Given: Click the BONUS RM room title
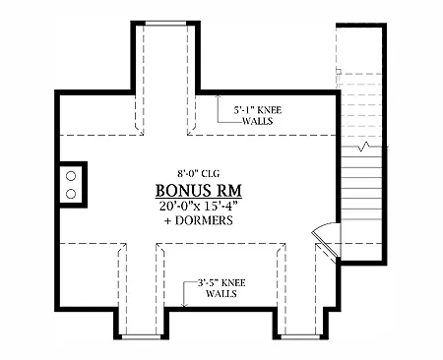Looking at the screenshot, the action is (198, 190).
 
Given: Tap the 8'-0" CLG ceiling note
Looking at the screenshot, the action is (198, 173).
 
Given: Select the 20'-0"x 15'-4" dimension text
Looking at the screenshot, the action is (198, 206).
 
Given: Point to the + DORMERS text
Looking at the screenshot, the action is (199, 220).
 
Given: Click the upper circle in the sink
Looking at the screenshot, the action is (71, 176).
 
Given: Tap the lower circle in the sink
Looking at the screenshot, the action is (71, 194).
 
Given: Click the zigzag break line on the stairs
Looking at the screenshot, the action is (364, 147).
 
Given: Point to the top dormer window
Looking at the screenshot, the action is (165, 23).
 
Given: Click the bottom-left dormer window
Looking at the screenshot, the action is (141, 336).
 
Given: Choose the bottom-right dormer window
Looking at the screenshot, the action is (300, 336).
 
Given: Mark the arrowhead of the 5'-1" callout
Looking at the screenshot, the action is (218, 96).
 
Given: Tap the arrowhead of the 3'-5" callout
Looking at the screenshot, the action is (184, 305).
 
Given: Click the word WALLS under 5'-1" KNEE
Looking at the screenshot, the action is (258, 121).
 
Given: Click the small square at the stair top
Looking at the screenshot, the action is (339, 71).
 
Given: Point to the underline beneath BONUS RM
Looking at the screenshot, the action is (199, 199).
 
